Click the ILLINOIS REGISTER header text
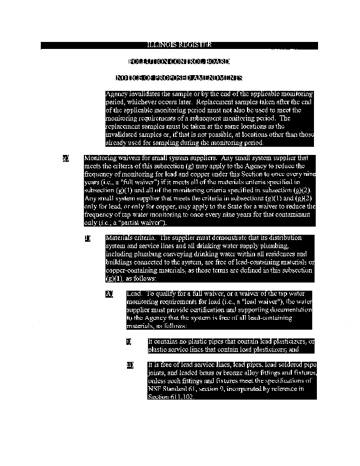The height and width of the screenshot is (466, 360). click(179, 45)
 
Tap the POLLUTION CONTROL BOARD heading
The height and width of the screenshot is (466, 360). click(179, 61)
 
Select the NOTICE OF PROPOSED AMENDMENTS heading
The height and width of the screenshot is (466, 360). click(179, 77)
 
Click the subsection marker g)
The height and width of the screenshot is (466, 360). click(66, 157)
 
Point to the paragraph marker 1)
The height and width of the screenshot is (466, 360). click(87, 238)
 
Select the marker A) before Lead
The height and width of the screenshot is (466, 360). click(109, 294)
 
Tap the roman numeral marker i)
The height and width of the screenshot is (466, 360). click(129, 341)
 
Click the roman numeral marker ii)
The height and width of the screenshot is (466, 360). click(130, 365)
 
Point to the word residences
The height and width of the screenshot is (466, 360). click(281, 255)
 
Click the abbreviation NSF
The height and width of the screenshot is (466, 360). click(156, 390)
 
